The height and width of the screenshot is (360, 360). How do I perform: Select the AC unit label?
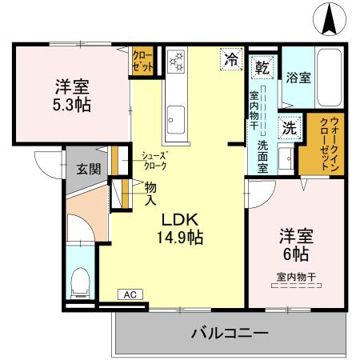(x=129, y=294)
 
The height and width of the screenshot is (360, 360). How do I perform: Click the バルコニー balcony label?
(x=229, y=332)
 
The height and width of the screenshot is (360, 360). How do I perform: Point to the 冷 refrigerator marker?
(x=230, y=58)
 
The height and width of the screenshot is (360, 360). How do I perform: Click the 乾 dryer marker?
(x=262, y=67)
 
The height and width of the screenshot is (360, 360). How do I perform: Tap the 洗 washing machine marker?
(x=288, y=126)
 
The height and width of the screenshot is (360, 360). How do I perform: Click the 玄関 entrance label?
(x=89, y=169)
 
